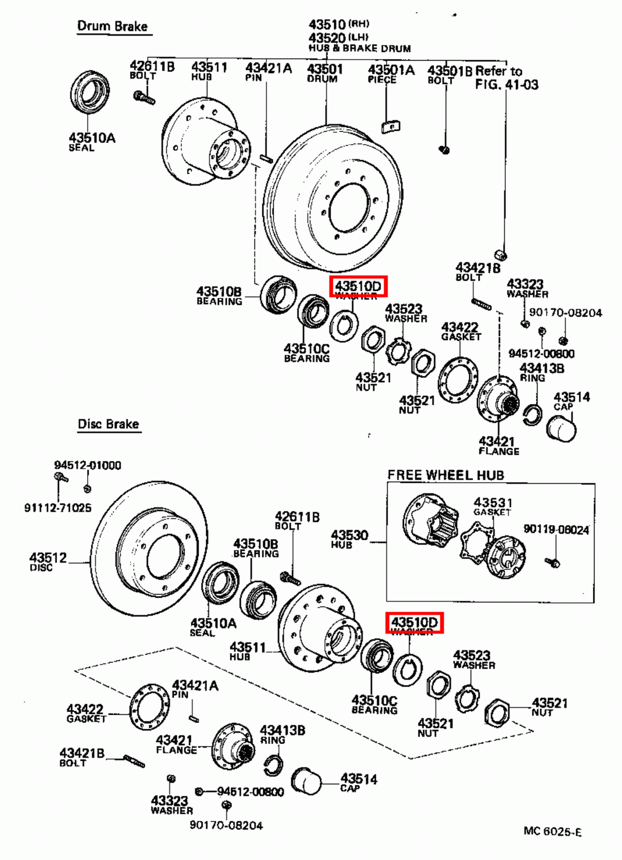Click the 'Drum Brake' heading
112,26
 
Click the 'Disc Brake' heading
108,424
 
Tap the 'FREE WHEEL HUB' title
446,475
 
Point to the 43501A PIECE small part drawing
391,127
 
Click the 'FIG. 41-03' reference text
506,84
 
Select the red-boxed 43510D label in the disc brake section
414,622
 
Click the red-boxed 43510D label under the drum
358,286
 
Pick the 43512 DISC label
48,561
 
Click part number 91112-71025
58,507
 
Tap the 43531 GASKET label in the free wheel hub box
492,506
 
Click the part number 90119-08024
556,529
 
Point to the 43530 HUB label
349,538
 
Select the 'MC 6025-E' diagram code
552,832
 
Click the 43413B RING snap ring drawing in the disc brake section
273,764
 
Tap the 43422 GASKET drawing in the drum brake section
458,381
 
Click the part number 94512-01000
87,465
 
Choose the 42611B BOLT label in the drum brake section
152,69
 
